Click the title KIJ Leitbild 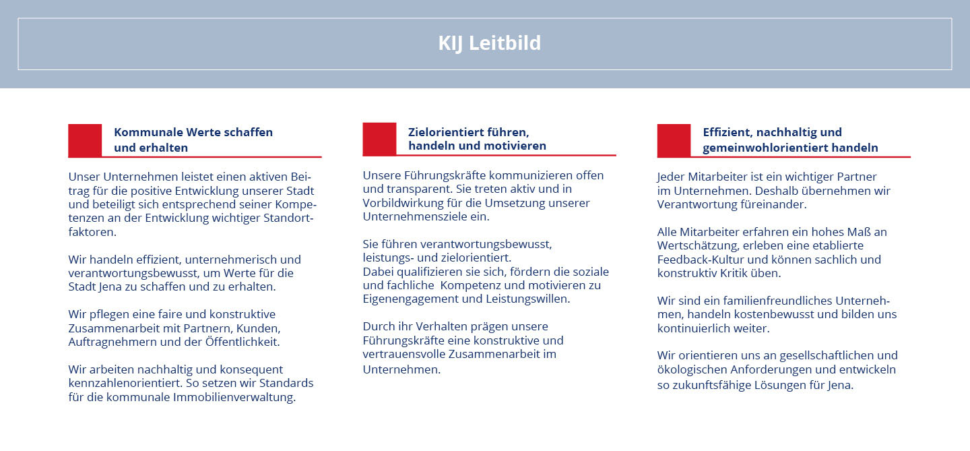[489, 43]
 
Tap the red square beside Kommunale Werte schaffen [85, 140]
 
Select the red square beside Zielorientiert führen [379, 139]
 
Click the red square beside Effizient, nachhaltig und [674, 140]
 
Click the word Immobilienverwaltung [234, 397]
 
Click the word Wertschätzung [698, 245]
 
